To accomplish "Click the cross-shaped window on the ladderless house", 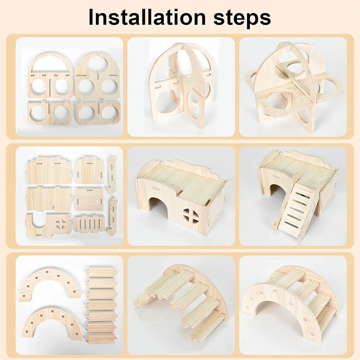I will pos(191,216).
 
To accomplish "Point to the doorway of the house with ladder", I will pos(277,191).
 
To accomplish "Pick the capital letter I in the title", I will pos(91,17).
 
